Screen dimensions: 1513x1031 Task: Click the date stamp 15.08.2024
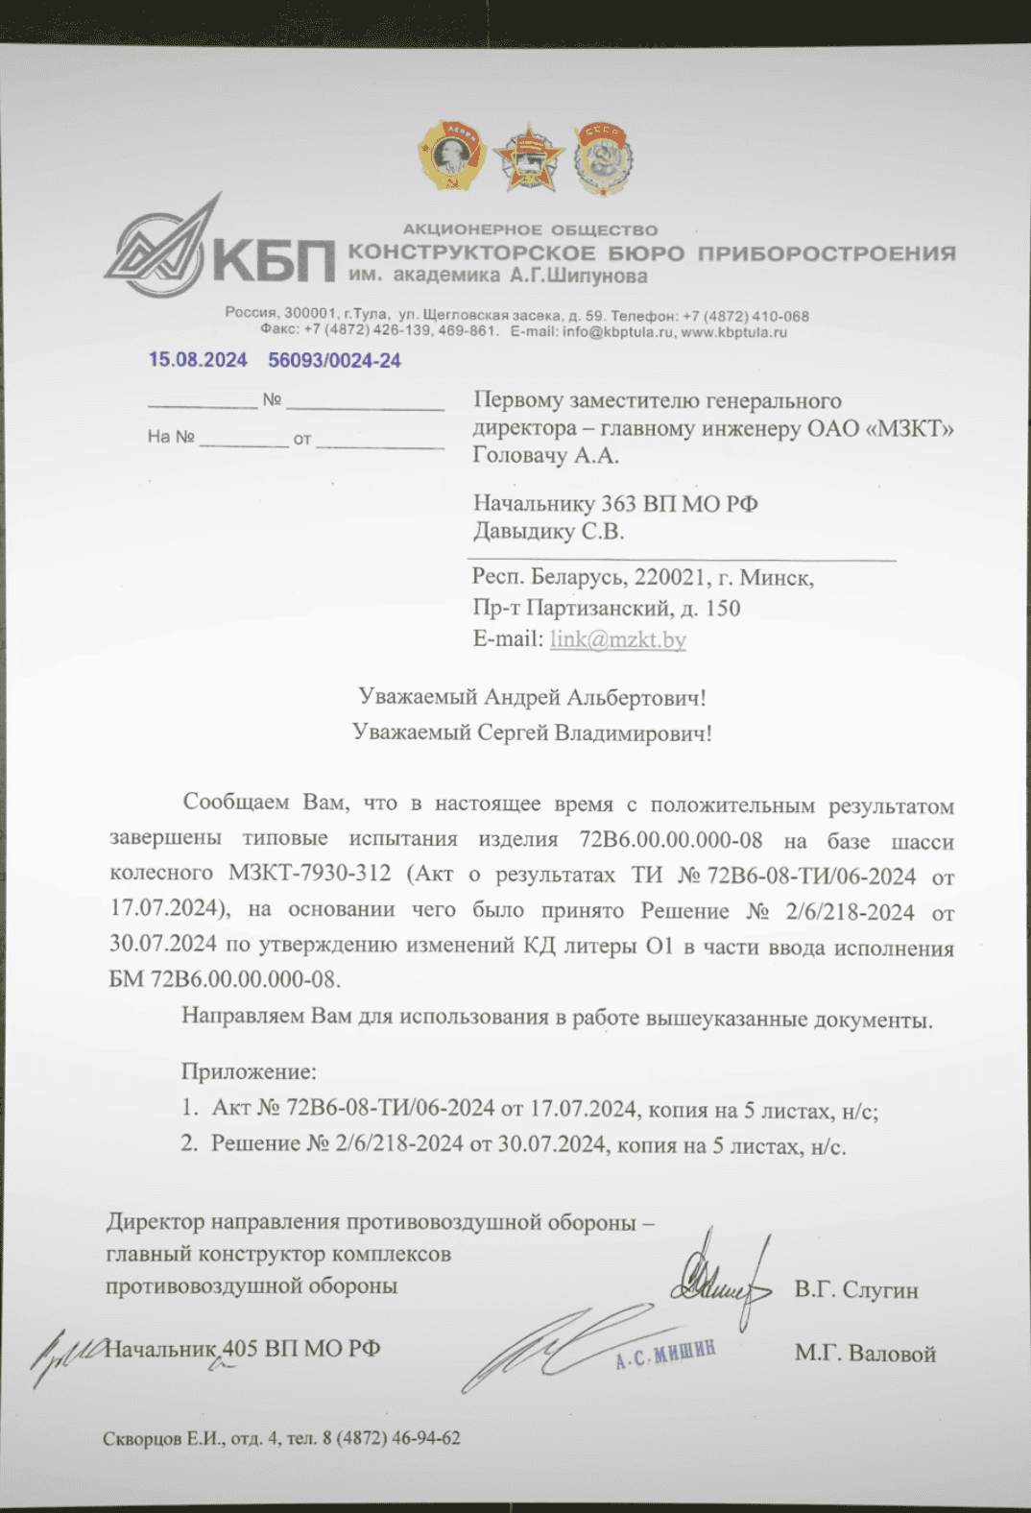tap(198, 360)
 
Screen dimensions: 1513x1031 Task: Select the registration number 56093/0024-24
tap(334, 361)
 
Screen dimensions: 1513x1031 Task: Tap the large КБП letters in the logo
tap(273, 258)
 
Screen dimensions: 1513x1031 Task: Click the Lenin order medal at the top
tap(450, 155)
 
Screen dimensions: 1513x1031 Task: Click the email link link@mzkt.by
tap(617, 639)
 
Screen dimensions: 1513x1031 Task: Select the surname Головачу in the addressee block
tap(520, 455)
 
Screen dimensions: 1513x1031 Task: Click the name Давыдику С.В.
tap(548, 531)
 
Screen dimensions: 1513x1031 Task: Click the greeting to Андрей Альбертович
tap(532, 697)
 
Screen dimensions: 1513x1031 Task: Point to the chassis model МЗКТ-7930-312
tap(309, 873)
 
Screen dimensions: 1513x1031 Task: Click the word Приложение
tap(249, 1071)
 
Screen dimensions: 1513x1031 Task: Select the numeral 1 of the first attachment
tap(188, 1109)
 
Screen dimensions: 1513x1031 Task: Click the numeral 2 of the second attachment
tap(188, 1143)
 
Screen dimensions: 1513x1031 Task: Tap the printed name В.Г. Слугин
tap(855, 1290)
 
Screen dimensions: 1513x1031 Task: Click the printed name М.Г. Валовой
tap(864, 1354)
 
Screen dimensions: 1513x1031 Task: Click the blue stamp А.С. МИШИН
tap(665, 1355)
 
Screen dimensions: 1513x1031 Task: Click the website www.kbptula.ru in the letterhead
tap(733, 332)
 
